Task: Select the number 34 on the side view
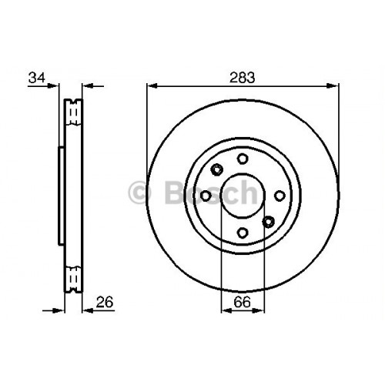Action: click(x=35, y=77)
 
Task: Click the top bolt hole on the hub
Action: click(x=243, y=159)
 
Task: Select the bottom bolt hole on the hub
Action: click(x=243, y=233)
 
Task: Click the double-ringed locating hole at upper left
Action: click(x=216, y=169)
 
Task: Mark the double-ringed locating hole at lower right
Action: click(x=268, y=222)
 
